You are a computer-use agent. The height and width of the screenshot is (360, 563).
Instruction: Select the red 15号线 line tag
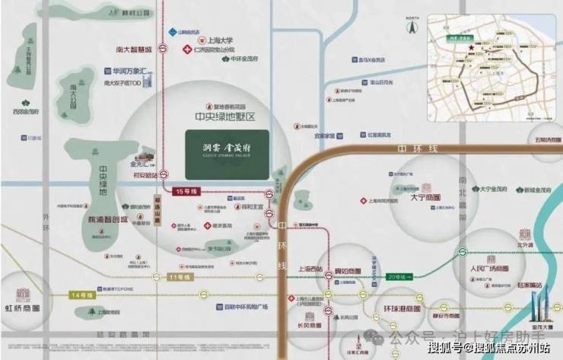[186, 190]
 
